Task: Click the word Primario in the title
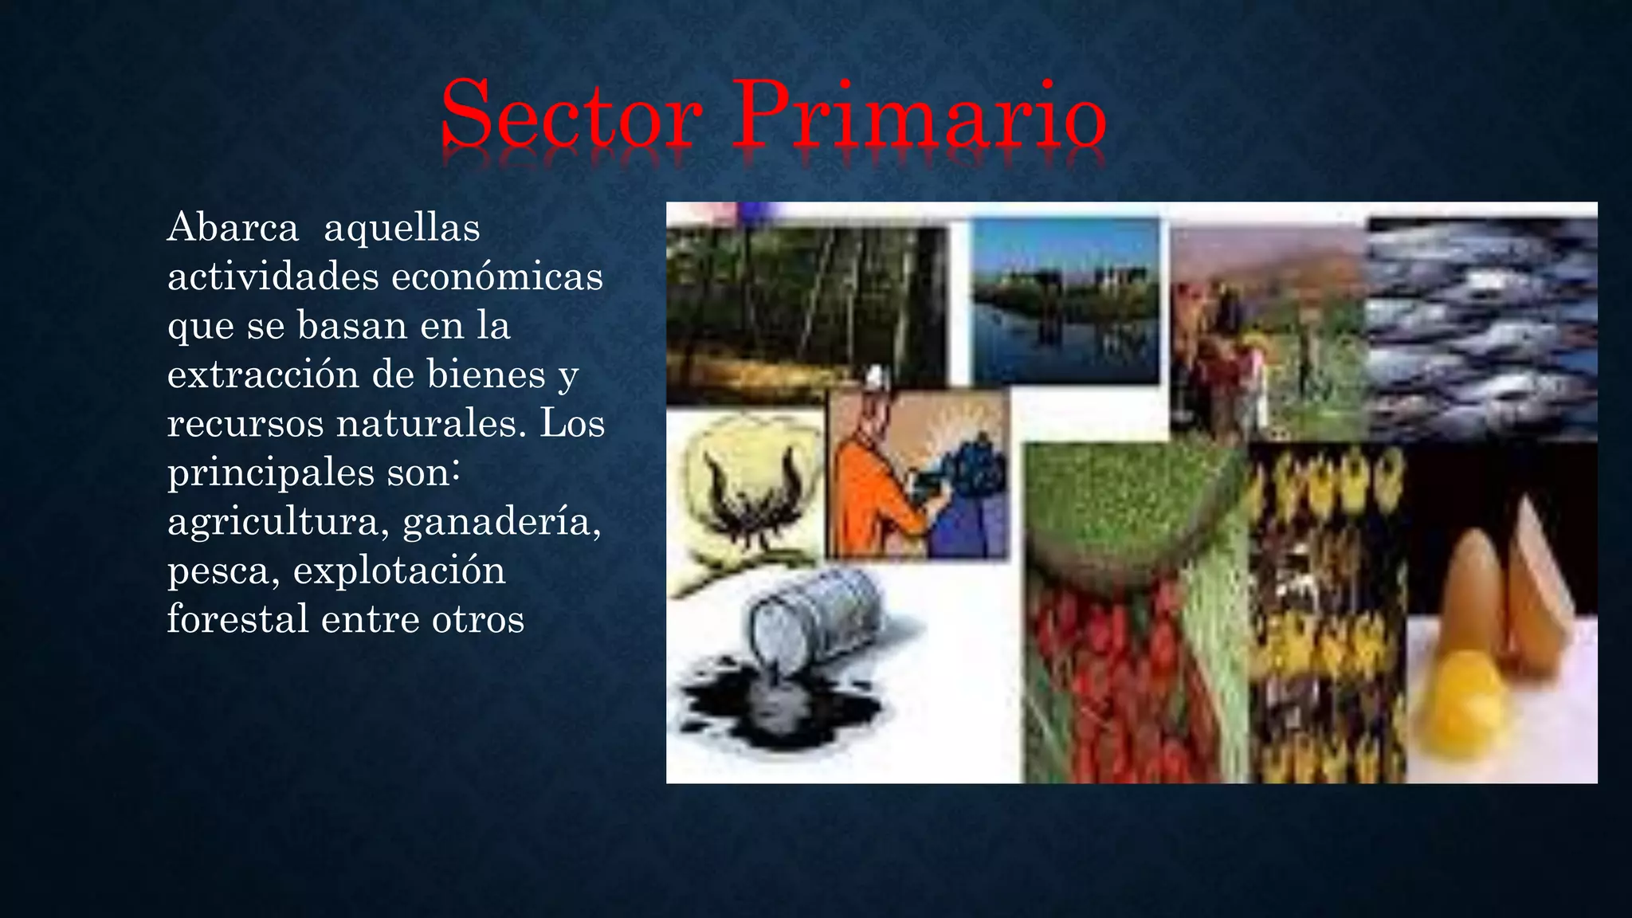click(x=919, y=116)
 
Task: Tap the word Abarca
click(x=233, y=228)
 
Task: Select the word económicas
click(x=497, y=277)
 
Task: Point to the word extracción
click(x=262, y=375)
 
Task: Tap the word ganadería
click(x=502, y=523)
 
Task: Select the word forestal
click(x=237, y=620)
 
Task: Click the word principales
click(x=271, y=473)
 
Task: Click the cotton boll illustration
click(x=745, y=494)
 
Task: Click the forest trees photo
click(x=805, y=311)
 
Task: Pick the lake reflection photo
click(x=1065, y=303)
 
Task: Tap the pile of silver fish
click(x=1482, y=327)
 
